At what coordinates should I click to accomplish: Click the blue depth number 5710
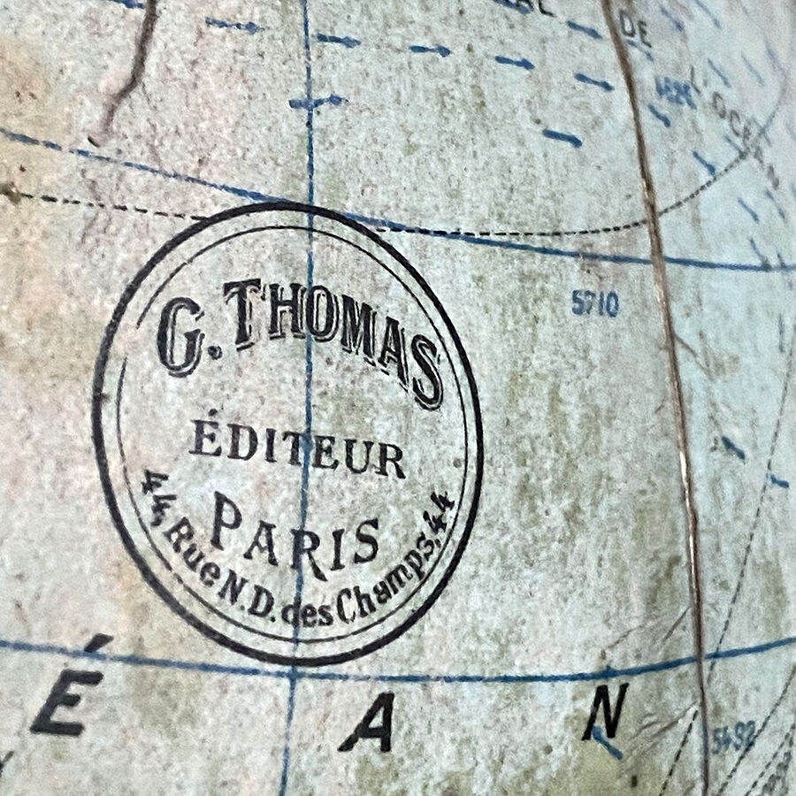[594, 305]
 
